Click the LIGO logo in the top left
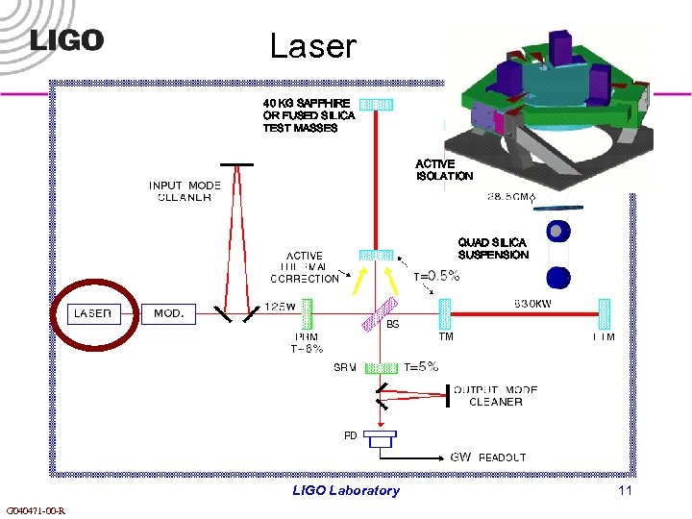66,40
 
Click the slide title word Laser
312,45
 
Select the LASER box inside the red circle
93,313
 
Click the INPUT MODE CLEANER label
185,191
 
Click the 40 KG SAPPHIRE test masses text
309,114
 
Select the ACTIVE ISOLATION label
444,170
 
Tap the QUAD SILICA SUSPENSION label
493,248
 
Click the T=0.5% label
436,276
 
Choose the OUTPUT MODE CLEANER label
495,396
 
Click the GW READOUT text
488,457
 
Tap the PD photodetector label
351,435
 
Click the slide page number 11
626,490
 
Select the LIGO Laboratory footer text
345,490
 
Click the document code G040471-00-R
36,510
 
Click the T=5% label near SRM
421,366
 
